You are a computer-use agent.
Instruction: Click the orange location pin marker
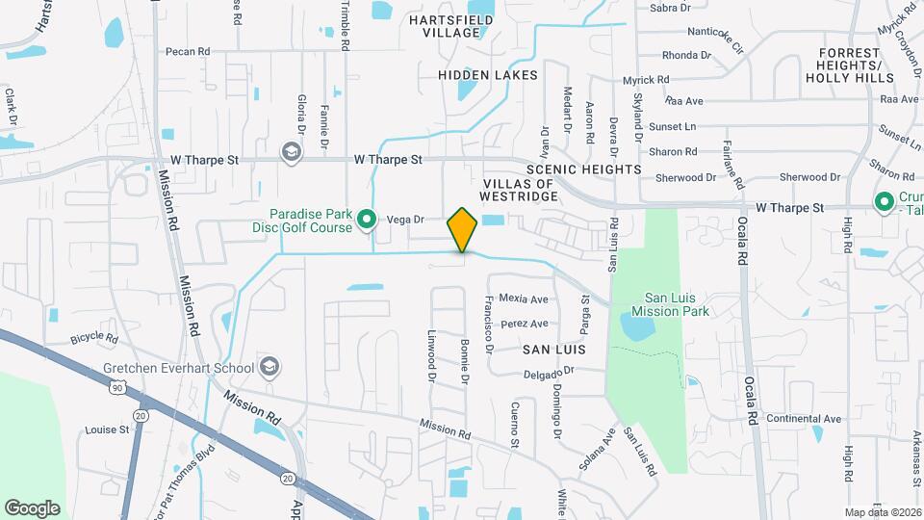tap(462, 230)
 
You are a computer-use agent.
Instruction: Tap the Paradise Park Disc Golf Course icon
tap(366, 221)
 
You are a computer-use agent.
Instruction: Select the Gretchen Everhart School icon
tap(270, 367)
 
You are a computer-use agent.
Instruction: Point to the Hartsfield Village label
tap(444, 25)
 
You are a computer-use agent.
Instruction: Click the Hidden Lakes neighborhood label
tap(488, 74)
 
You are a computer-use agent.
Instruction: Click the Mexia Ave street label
tap(524, 299)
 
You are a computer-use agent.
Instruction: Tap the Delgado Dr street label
tap(550, 369)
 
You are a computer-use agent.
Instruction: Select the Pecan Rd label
tap(188, 51)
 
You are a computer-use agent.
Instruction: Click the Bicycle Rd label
tap(93, 339)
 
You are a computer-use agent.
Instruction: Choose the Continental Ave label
tap(804, 419)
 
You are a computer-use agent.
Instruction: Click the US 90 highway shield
tap(117, 387)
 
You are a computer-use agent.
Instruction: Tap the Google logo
tap(32, 507)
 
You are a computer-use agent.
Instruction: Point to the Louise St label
tap(107, 429)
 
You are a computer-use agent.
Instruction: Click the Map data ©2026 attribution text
tap(882, 512)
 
